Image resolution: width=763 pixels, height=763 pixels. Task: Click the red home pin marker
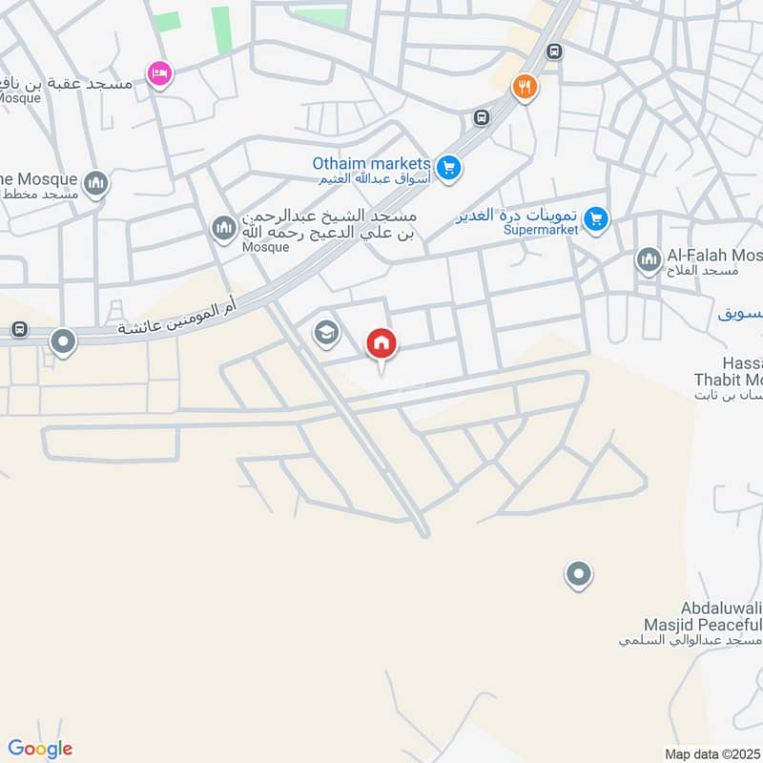click(381, 343)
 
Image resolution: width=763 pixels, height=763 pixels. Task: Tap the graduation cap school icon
click(326, 333)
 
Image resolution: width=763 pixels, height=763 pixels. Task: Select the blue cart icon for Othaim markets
click(450, 170)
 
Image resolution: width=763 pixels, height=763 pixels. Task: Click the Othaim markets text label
click(371, 163)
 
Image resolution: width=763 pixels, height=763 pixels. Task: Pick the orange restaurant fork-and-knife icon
click(524, 88)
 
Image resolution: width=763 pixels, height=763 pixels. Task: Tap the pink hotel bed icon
click(158, 72)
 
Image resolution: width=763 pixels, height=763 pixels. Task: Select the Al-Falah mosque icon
click(649, 258)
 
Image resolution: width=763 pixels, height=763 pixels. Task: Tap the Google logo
click(40, 749)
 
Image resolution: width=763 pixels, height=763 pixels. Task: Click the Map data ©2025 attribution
click(712, 753)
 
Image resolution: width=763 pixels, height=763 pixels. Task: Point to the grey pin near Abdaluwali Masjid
click(578, 575)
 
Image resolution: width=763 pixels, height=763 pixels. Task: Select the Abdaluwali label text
click(722, 608)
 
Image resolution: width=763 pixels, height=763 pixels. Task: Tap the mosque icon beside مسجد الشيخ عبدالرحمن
click(223, 229)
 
